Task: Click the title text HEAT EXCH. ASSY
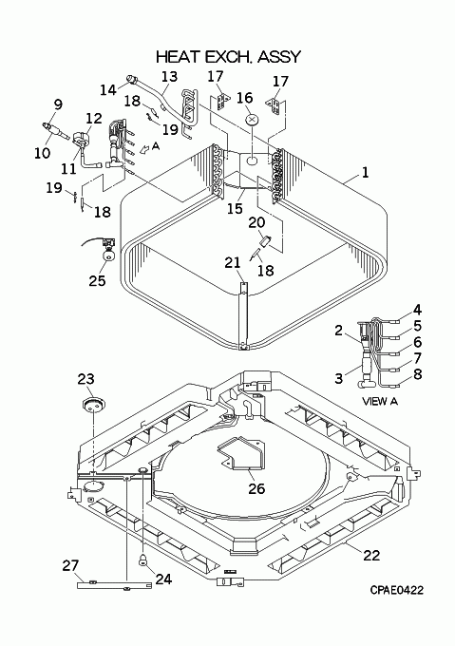[x=229, y=57]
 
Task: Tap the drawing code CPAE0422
[x=396, y=590]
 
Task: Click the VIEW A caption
[x=380, y=401]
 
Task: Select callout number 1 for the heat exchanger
[x=366, y=172]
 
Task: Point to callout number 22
[x=371, y=555]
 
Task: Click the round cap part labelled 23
[x=94, y=405]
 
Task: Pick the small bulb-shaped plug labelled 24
[x=143, y=560]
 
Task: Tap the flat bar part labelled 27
[x=114, y=584]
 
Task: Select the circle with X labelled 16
[x=253, y=120]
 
